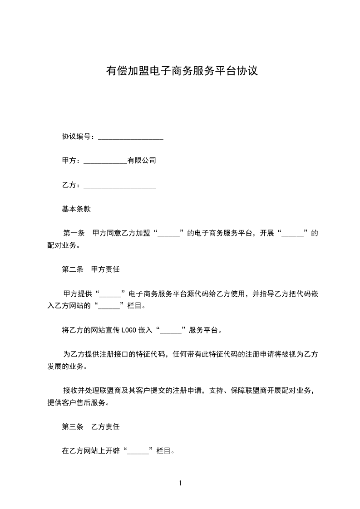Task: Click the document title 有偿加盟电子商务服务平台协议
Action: pos(182,71)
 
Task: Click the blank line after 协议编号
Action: pos(130,137)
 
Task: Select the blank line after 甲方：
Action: pos(105,161)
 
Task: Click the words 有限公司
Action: pos(142,161)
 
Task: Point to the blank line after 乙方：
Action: pos(120,186)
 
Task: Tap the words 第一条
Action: pos(74,234)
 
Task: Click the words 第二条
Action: pos(73,269)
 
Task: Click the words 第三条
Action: pos(73,427)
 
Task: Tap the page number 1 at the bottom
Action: pos(180,483)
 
